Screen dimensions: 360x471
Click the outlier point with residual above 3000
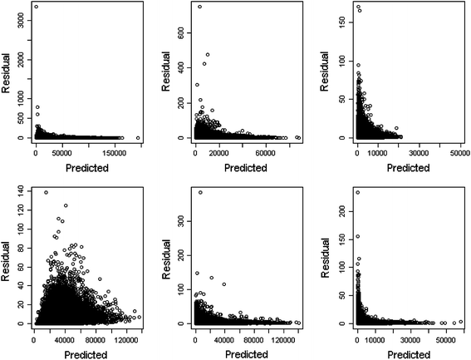(36, 7)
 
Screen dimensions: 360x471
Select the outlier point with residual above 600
(200, 7)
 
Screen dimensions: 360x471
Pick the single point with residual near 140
(46, 193)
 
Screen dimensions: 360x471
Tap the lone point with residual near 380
(200, 193)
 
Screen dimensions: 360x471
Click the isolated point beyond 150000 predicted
(138, 138)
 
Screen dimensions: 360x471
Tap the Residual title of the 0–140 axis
(7, 257)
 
